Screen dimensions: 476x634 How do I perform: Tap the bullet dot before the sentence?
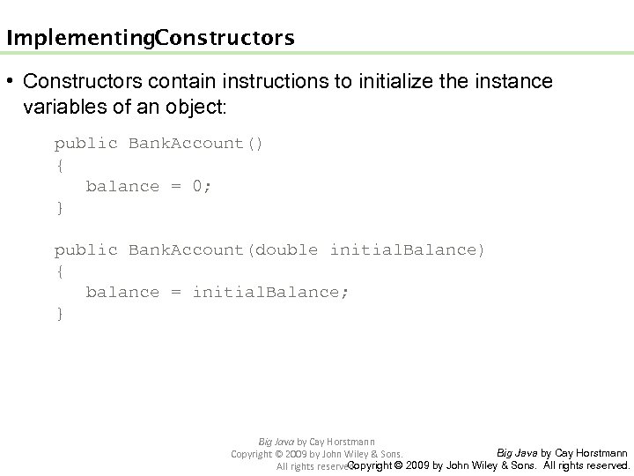tap(9, 82)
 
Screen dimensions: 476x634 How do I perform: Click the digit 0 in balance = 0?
tap(198, 187)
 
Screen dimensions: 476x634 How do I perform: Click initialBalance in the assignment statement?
tap(270, 293)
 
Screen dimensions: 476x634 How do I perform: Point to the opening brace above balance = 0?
tap(59, 166)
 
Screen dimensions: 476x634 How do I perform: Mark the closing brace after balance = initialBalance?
tap(59, 314)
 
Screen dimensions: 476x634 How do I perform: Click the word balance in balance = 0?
tap(122, 187)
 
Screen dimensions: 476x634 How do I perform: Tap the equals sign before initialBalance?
tap(176, 293)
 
